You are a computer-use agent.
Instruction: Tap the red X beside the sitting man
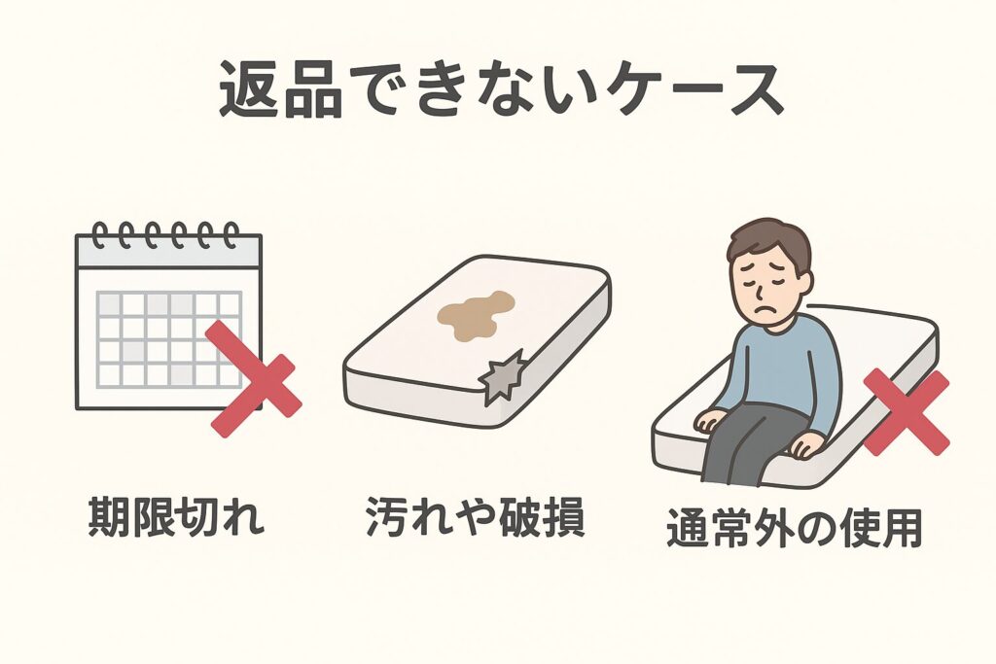(x=906, y=412)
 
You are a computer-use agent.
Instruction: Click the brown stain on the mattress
(x=474, y=315)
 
